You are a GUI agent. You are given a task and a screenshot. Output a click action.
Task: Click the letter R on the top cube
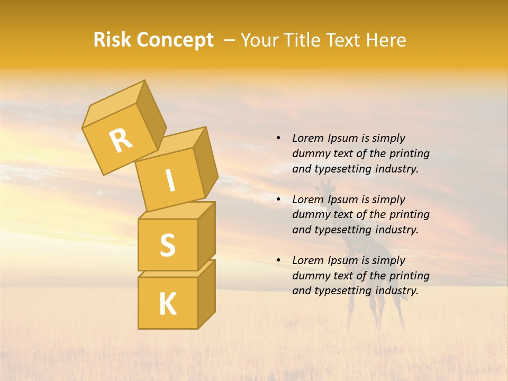pyautogui.click(x=121, y=141)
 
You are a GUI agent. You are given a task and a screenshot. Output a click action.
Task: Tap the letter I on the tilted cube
pyautogui.click(x=170, y=181)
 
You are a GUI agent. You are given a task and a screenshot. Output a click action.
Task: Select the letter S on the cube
pyautogui.click(x=167, y=244)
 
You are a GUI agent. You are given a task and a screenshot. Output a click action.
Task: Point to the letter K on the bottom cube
pyautogui.click(x=167, y=304)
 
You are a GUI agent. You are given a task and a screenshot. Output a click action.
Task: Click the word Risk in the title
pyautogui.click(x=113, y=40)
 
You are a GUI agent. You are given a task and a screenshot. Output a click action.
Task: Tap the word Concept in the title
pyautogui.click(x=175, y=40)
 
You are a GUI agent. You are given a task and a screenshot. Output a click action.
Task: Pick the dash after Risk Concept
pyautogui.click(x=229, y=41)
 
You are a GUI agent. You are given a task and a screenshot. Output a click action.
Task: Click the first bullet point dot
pyautogui.click(x=278, y=138)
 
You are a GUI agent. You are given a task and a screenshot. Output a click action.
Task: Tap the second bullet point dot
pyautogui.click(x=278, y=199)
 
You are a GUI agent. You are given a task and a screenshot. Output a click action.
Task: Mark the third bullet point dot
pyautogui.click(x=278, y=260)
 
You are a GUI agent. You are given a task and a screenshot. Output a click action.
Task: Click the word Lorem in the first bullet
pyautogui.click(x=308, y=138)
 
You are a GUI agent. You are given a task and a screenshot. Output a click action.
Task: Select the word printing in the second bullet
pyautogui.click(x=409, y=214)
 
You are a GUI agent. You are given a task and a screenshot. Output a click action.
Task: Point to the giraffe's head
pyautogui.click(x=327, y=186)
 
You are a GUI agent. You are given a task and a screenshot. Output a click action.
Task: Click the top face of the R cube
pyautogui.click(x=114, y=105)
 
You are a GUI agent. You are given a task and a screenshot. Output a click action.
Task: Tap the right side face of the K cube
pyautogui.click(x=206, y=294)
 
